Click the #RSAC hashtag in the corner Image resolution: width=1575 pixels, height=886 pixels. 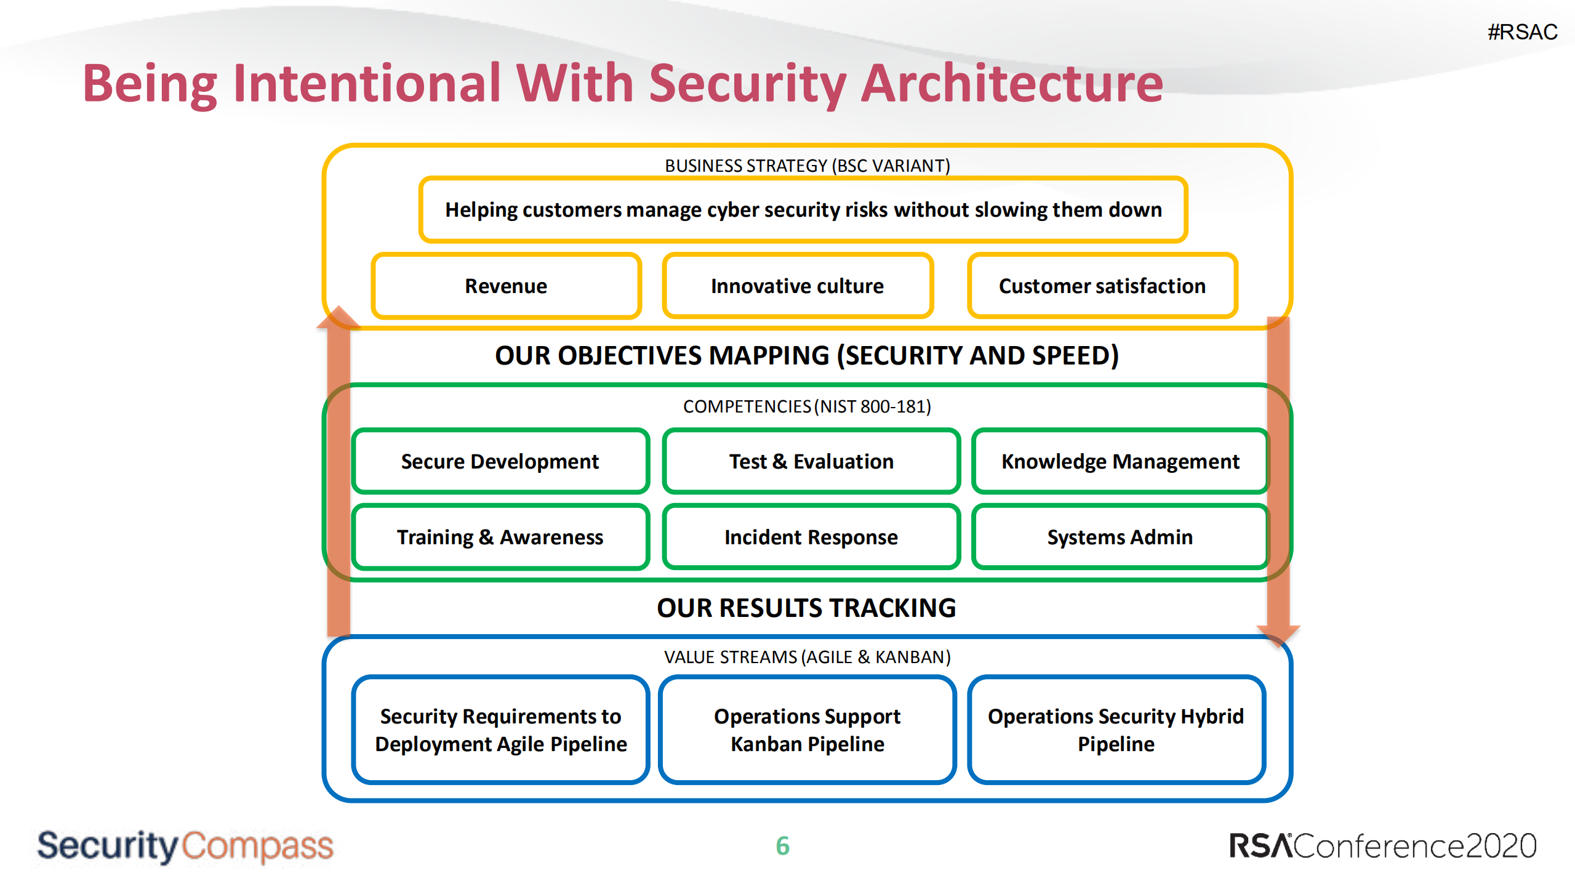[x=1522, y=32]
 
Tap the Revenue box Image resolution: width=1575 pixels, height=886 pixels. [x=506, y=286]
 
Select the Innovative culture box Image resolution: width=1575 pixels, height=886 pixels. [x=797, y=286]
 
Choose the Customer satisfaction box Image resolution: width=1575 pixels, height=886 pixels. [x=1102, y=286]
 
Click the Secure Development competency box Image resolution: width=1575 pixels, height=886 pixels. [x=500, y=462]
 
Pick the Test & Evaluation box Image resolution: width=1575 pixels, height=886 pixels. [x=811, y=462]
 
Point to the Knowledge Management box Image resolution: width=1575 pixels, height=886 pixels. [x=1120, y=462]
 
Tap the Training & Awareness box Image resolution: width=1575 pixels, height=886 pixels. [x=500, y=538]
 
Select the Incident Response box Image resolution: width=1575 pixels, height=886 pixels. [x=811, y=538]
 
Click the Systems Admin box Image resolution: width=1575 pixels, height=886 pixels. [x=1120, y=538]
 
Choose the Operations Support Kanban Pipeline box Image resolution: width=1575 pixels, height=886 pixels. [x=808, y=730]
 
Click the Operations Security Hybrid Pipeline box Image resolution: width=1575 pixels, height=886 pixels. [x=1116, y=730]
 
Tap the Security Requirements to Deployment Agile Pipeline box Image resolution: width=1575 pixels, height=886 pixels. [x=500, y=730]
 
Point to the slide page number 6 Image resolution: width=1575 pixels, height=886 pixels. [x=783, y=846]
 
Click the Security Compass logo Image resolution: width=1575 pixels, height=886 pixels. [x=185, y=846]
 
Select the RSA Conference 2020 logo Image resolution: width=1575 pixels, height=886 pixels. [x=1382, y=846]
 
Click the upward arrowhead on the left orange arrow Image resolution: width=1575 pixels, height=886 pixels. [x=338, y=317]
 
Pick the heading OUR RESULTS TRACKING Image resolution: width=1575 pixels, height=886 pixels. [x=806, y=608]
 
